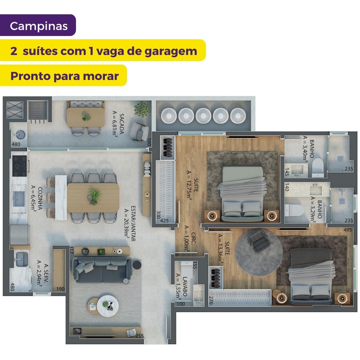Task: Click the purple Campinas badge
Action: click(38, 25)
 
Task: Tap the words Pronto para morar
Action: click(65, 76)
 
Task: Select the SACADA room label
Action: click(122, 124)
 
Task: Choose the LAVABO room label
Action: click(185, 286)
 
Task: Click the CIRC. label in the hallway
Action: click(193, 239)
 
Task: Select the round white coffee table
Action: click(108, 306)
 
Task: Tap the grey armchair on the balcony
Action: click(139, 131)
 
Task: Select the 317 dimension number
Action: click(71, 250)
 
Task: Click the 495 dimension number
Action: click(348, 230)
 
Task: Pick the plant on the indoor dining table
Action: click(94, 196)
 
